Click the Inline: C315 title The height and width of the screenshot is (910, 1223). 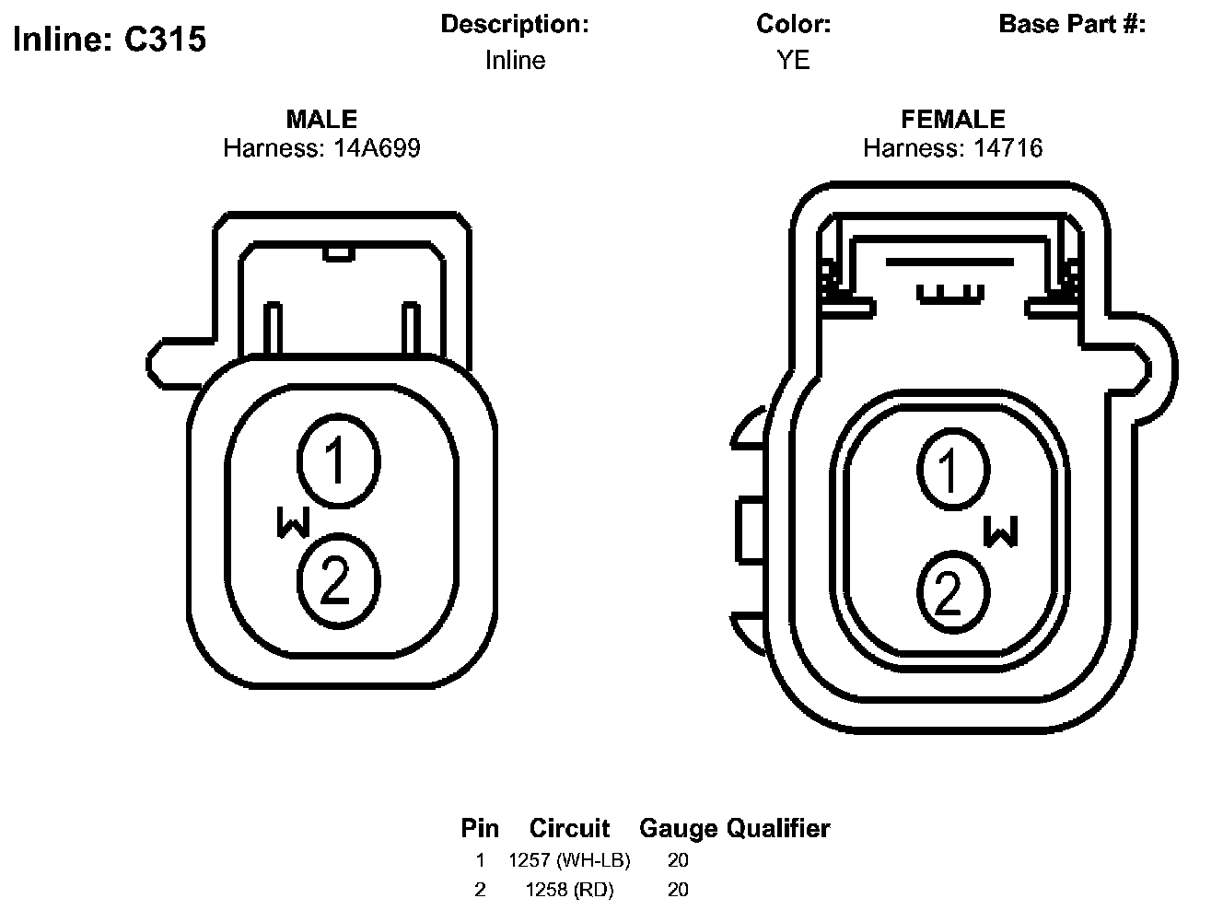click(x=110, y=40)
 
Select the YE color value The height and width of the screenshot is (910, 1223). click(x=793, y=60)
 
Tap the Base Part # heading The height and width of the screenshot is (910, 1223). click(x=1072, y=24)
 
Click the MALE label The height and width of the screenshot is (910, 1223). click(x=321, y=119)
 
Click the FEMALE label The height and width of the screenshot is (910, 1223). click(x=953, y=119)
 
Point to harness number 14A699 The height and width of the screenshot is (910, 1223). click(x=378, y=147)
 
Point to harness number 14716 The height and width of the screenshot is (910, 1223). click(x=1008, y=147)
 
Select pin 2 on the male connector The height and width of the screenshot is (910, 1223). click(x=339, y=581)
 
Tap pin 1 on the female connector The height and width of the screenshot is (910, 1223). click(x=953, y=470)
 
